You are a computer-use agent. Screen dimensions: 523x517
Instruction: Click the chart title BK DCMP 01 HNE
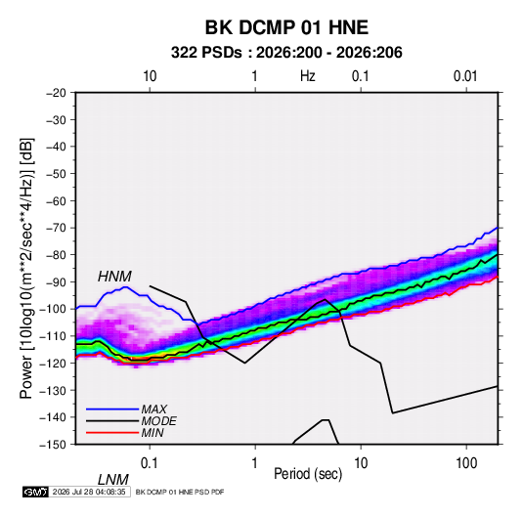click(x=286, y=27)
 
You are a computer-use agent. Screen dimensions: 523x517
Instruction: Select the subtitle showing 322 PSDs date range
click(x=286, y=53)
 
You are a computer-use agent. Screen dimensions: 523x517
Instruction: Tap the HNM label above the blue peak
click(x=114, y=277)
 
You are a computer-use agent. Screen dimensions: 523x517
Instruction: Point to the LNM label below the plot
click(x=113, y=480)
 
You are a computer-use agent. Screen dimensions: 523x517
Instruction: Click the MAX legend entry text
click(x=154, y=409)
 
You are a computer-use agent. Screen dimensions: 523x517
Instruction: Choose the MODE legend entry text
click(x=158, y=421)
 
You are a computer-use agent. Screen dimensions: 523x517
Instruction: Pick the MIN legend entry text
click(x=153, y=433)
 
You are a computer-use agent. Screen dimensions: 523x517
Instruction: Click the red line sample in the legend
click(x=112, y=433)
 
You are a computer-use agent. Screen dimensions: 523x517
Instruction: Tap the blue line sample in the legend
click(x=112, y=409)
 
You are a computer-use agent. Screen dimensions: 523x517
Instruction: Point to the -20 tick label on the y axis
click(x=56, y=93)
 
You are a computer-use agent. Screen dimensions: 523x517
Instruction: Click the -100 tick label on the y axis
click(x=53, y=309)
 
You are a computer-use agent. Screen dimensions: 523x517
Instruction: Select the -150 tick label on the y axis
click(x=53, y=445)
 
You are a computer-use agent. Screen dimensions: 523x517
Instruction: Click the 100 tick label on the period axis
click(x=466, y=463)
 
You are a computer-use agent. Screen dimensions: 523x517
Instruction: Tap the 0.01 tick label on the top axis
click(x=465, y=76)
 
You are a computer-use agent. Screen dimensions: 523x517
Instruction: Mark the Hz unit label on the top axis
click(x=308, y=76)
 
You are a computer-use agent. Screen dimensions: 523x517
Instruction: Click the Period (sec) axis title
click(x=308, y=474)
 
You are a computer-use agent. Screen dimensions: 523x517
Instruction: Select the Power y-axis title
click(x=26, y=268)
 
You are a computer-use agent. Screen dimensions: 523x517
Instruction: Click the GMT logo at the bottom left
click(x=35, y=492)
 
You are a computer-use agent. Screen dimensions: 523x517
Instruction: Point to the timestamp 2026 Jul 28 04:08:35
click(x=89, y=492)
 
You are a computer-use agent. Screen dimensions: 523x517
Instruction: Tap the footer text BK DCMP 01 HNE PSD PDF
click(x=180, y=492)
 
